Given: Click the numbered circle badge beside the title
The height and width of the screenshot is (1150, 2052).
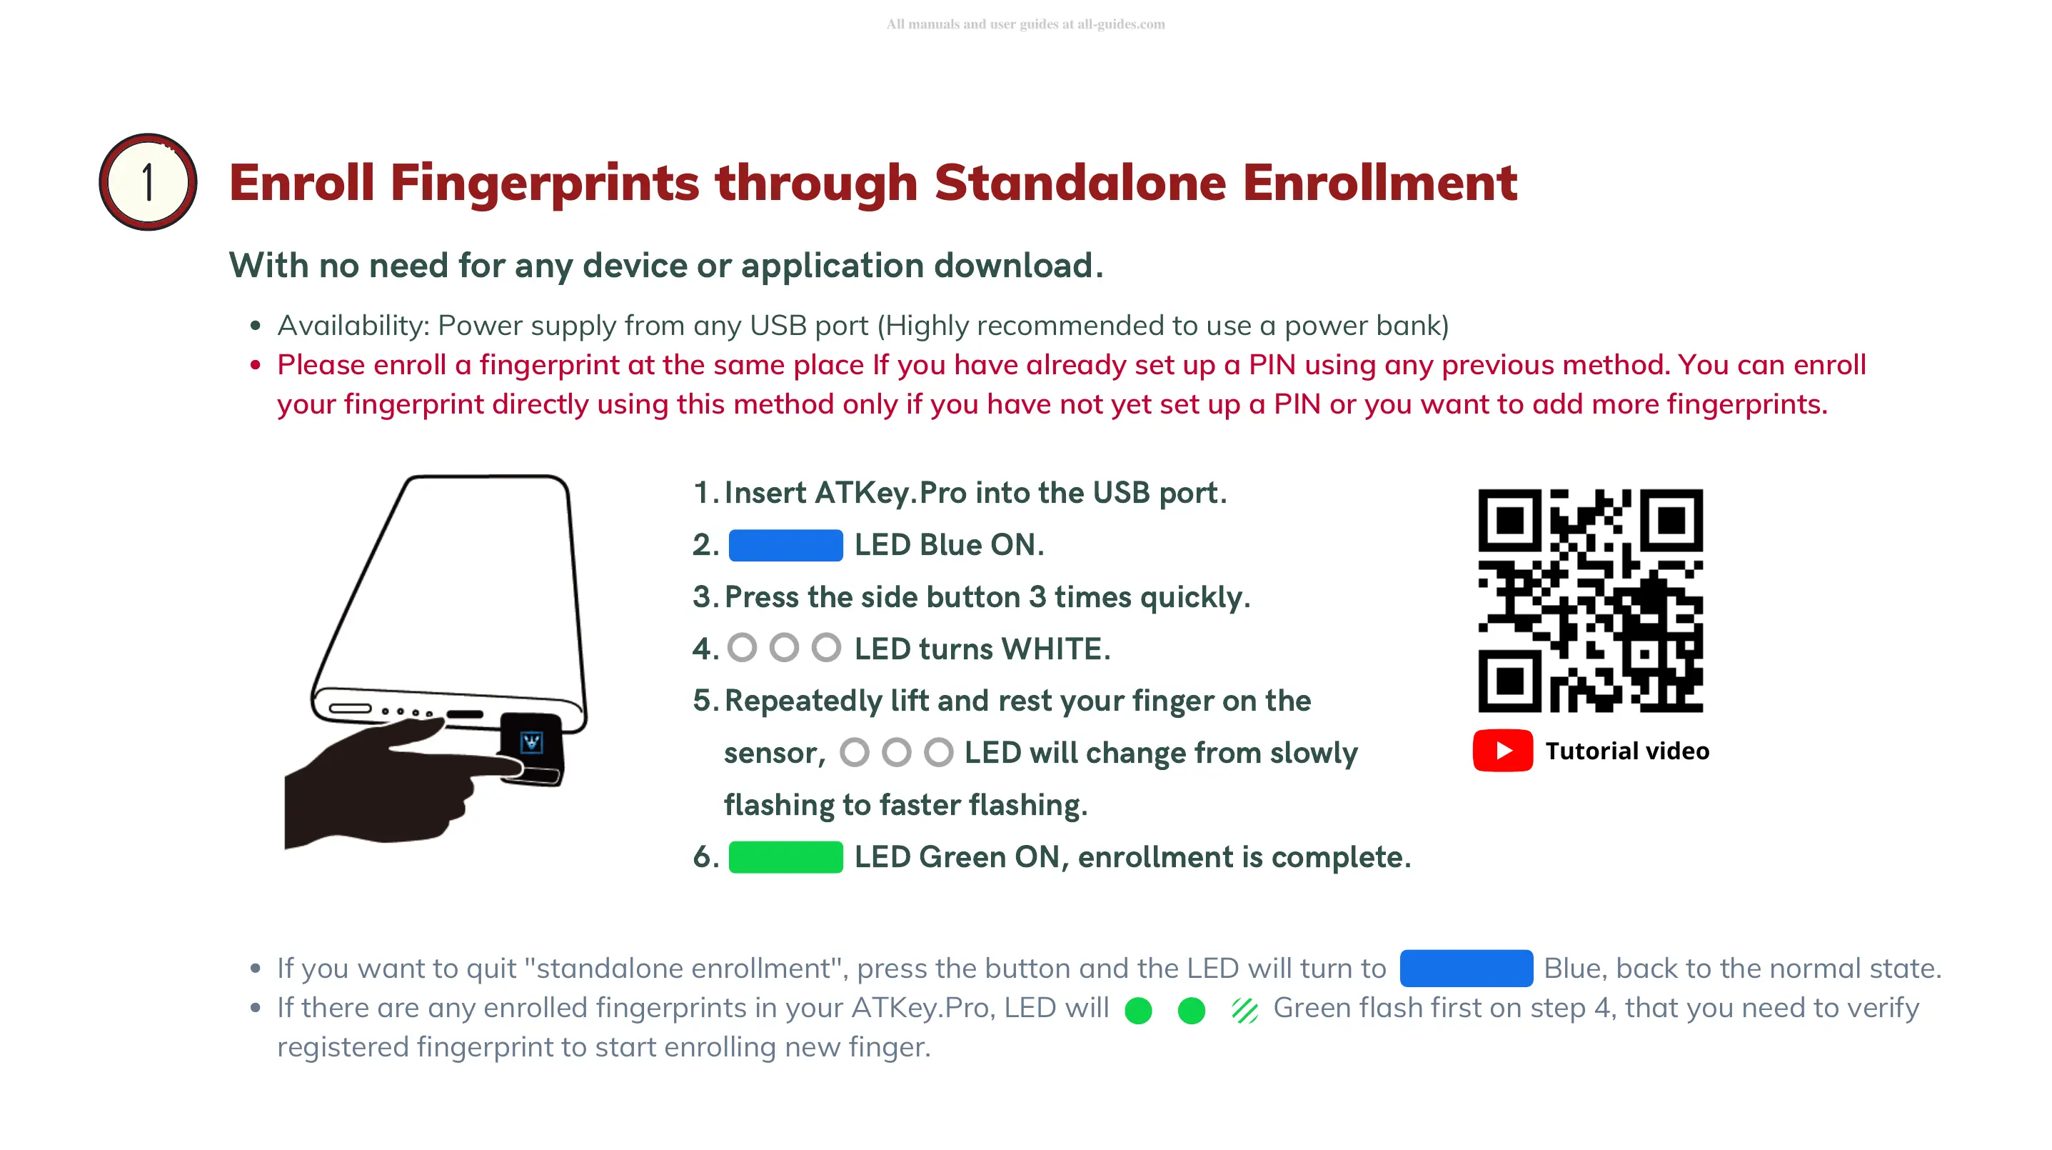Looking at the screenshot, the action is point(149,181).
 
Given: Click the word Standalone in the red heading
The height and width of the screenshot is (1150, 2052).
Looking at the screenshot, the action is point(1080,183).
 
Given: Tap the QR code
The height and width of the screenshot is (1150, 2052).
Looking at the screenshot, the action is point(1590,600).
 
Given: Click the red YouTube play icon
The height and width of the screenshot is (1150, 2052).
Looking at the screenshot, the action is point(1502,751).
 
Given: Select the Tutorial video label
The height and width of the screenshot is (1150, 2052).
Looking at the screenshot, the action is point(1626,751).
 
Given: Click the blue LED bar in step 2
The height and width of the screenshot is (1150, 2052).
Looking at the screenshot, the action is point(785,545).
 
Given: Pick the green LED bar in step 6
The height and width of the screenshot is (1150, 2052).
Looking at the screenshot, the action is point(785,858).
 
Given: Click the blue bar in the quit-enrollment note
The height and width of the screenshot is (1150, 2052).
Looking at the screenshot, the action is point(1466,969).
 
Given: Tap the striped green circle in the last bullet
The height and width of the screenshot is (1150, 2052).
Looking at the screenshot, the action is point(1244,1011).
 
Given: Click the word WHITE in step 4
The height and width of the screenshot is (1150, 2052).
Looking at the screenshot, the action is point(1055,649).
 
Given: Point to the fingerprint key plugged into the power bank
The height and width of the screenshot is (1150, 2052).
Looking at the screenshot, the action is point(531,749).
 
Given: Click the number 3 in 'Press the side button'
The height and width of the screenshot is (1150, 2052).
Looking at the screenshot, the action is point(1037,597).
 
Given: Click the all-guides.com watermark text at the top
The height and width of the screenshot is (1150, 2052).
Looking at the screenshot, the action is point(1026,24).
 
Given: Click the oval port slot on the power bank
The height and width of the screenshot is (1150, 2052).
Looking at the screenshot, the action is point(351,709).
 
